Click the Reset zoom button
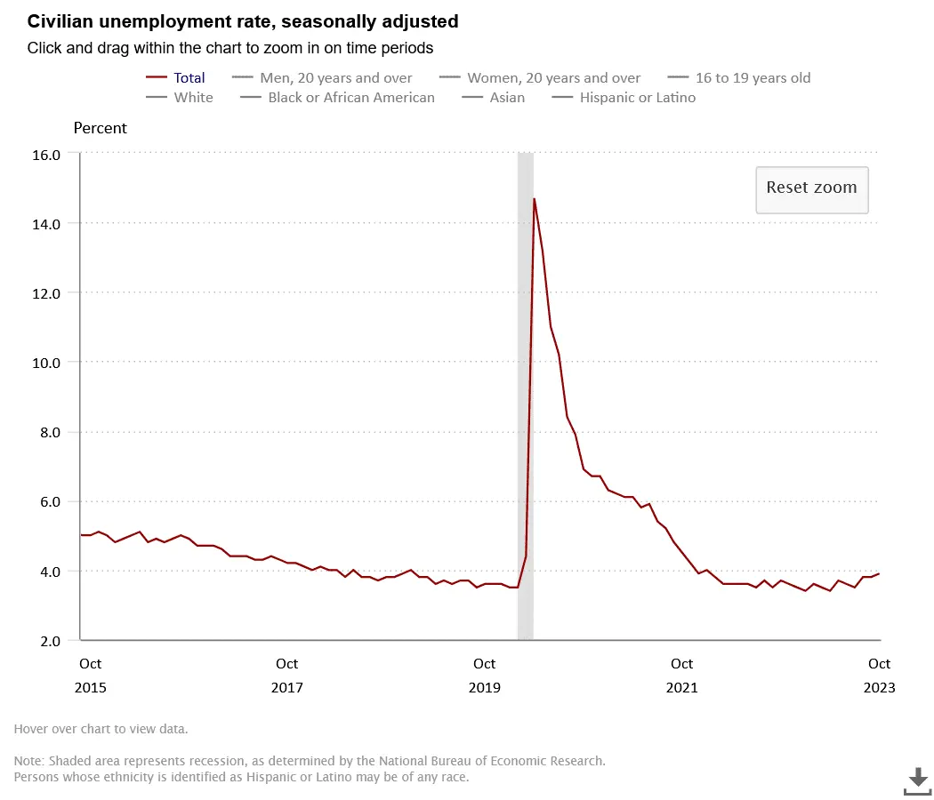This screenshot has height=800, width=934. click(811, 188)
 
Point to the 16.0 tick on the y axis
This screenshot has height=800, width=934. click(47, 154)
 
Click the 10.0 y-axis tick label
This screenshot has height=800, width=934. click(47, 363)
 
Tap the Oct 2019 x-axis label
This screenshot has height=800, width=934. click(485, 676)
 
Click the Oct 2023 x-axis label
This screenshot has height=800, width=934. click(879, 676)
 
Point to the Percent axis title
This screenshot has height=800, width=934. click(100, 128)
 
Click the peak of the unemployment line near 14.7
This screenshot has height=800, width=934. click(534, 199)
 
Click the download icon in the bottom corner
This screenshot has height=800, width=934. click(917, 781)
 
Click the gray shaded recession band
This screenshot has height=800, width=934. click(525, 400)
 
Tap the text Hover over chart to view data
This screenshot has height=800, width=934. click(101, 729)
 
